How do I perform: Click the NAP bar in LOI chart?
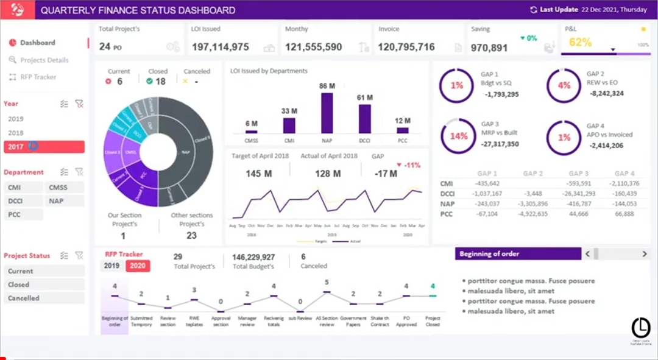pyautogui.click(x=327, y=113)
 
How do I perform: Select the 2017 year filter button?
pyautogui.click(x=44, y=147)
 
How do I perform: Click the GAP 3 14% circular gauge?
pyautogui.click(x=458, y=136)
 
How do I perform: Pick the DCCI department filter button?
pyautogui.click(x=23, y=201)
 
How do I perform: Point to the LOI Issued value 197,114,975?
pyautogui.click(x=220, y=47)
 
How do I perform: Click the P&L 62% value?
pyautogui.click(x=580, y=43)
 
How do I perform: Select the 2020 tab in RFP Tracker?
pyautogui.click(x=138, y=266)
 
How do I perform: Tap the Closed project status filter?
pyautogui.click(x=44, y=284)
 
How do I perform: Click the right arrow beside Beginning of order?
pyautogui.click(x=644, y=254)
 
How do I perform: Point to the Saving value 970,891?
pyautogui.click(x=489, y=48)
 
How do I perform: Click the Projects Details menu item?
pyautogui.click(x=44, y=60)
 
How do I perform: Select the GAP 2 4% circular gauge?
pyautogui.click(x=564, y=86)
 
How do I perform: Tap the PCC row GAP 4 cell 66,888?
pyautogui.click(x=624, y=214)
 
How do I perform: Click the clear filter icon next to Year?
pyautogui.click(x=79, y=104)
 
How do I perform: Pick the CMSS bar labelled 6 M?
pyautogui.click(x=251, y=131)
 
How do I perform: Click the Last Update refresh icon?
pyautogui.click(x=534, y=10)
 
